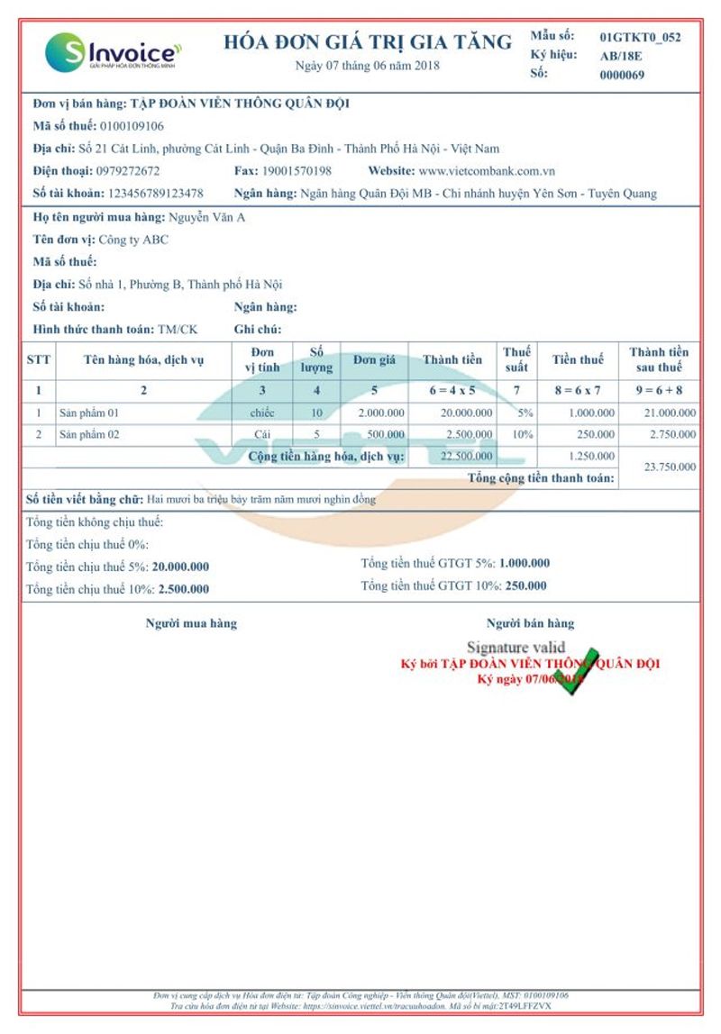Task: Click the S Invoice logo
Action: (113, 52)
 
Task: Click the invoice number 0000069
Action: (622, 75)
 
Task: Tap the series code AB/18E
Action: (621, 56)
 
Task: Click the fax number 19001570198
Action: (297, 170)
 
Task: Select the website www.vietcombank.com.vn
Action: (487, 170)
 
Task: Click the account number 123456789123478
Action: (155, 193)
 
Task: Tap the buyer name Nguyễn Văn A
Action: (207, 217)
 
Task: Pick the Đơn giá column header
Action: (374, 359)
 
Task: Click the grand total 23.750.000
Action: (671, 467)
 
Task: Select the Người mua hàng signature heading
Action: (191, 623)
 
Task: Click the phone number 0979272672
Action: (128, 170)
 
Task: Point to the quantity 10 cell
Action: (316, 413)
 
